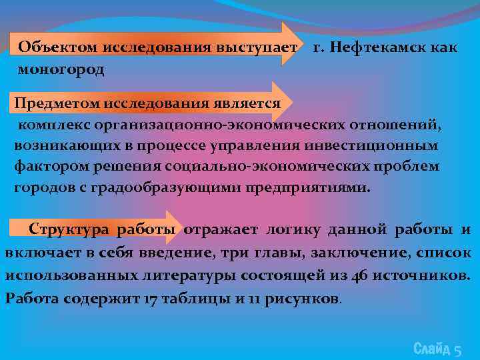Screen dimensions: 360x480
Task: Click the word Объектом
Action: pyautogui.click(x=58, y=47)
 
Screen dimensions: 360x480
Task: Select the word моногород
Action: pyautogui.click(x=61, y=69)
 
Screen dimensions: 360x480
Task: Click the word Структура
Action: pyautogui.click(x=69, y=230)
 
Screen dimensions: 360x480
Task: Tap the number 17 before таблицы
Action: pyautogui.click(x=151, y=298)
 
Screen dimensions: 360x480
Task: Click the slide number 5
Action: pyautogui.click(x=457, y=349)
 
